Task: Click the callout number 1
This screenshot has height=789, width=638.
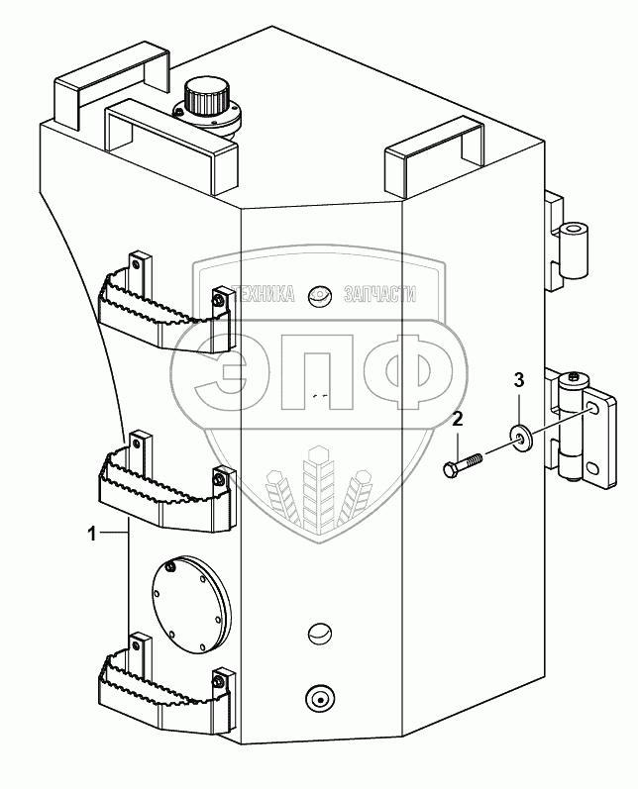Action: tap(92, 534)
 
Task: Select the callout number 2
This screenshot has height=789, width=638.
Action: tap(458, 419)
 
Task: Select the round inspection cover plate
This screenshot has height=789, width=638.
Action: tap(189, 604)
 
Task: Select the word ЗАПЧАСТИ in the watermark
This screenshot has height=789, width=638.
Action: tap(378, 293)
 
